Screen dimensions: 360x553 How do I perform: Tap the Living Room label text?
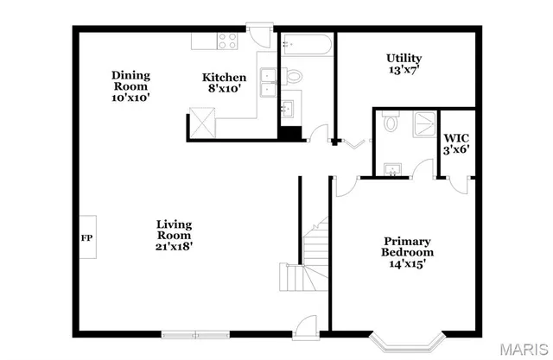[174, 235]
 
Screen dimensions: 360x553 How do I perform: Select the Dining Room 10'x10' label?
[131, 86]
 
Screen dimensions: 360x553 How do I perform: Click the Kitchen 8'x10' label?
[224, 83]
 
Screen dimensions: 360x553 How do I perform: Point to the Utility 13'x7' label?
[404, 64]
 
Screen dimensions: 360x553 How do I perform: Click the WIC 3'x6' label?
[456, 143]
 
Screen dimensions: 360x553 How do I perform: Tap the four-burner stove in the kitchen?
[228, 40]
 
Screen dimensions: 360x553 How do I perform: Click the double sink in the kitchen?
[269, 82]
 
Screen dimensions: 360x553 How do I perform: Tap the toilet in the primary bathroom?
[390, 122]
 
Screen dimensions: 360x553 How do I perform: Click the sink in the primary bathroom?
[394, 167]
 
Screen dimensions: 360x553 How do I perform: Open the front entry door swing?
[304, 327]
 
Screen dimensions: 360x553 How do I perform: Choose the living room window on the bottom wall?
[194, 333]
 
